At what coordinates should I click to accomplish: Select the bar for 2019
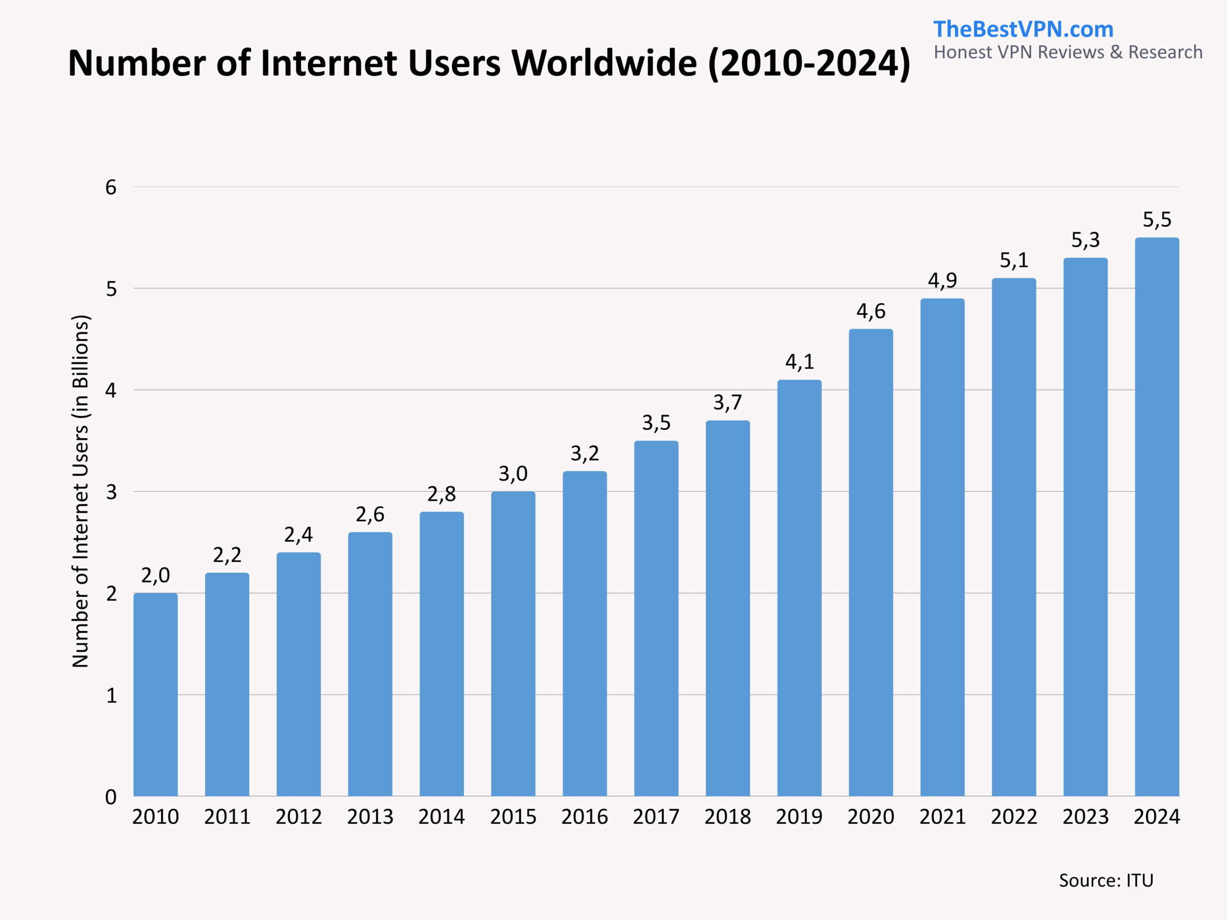799,588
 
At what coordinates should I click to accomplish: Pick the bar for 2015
513,643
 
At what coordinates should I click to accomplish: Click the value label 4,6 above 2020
871,311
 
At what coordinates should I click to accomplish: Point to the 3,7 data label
727,402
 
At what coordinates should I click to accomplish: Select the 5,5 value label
1157,220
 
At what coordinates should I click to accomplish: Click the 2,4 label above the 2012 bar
299,535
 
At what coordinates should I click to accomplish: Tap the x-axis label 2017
656,817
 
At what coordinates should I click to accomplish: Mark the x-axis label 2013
370,817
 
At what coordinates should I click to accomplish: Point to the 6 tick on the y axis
111,187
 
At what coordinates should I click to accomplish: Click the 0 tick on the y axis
111,797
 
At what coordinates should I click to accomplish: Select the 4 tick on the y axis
111,391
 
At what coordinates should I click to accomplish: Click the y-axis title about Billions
81,491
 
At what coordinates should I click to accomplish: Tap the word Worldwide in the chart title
603,63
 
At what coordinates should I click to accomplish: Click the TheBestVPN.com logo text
1023,29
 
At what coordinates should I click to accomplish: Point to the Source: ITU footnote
1106,881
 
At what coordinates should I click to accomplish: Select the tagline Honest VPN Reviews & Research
1068,52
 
